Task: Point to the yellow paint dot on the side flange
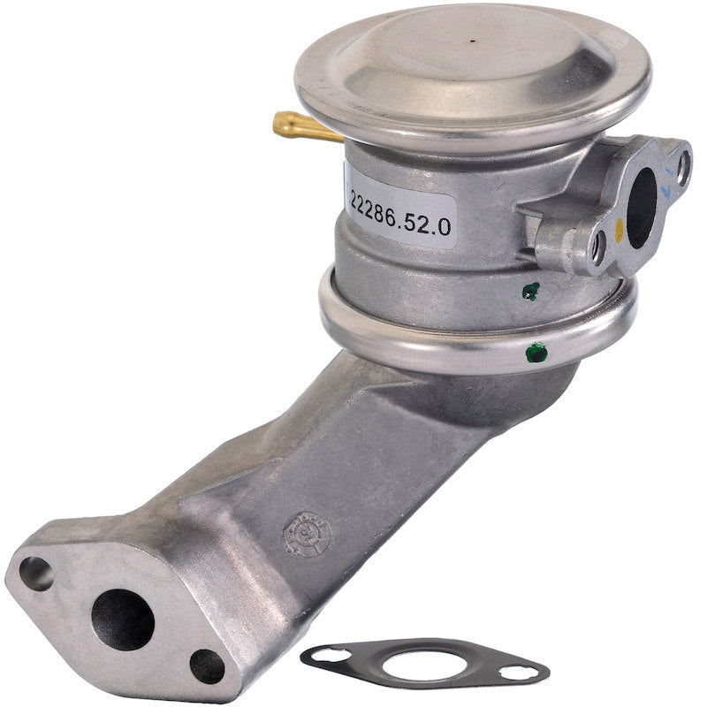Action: coord(620,229)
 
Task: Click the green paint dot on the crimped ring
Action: coord(531,354)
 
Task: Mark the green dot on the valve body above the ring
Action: coord(530,290)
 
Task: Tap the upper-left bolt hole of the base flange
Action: coord(36,574)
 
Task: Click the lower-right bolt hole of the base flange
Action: coord(207,665)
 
